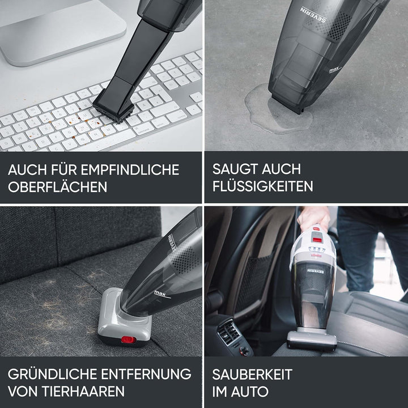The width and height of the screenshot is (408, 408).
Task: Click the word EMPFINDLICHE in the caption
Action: click(x=130, y=169)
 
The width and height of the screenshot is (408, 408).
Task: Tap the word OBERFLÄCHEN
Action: click(x=57, y=186)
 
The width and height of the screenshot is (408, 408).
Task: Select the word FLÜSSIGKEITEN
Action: click(x=263, y=186)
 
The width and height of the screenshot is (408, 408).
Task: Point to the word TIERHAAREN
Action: click(x=83, y=391)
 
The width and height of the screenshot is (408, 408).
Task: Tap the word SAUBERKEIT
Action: click(x=252, y=374)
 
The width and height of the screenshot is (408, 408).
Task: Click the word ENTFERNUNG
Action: click(x=146, y=374)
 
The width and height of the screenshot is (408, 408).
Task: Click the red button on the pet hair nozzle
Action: click(x=128, y=339)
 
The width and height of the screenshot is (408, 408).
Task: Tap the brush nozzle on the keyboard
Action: click(x=114, y=106)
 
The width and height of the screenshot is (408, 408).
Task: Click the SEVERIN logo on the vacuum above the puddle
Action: click(x=313, y=14)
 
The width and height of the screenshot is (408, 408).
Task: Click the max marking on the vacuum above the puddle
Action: click(x=335, y=70)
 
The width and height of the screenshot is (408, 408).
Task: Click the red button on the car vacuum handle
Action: click(x=317, y=240)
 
